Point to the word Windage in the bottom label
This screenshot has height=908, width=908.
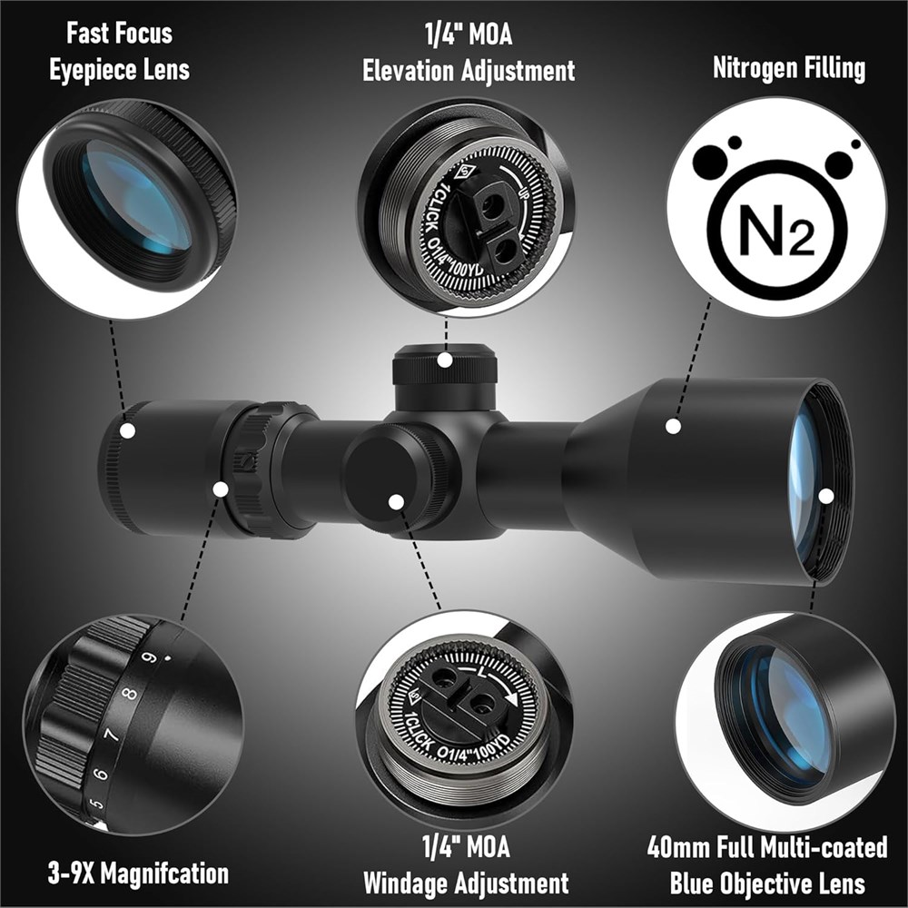point(404,883)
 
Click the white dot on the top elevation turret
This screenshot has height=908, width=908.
point(445,360)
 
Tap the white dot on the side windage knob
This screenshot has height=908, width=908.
point(396,502)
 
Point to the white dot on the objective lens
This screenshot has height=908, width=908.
point(826,497)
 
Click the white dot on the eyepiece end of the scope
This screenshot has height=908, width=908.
point(127,430)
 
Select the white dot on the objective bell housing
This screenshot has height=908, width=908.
point(673,426)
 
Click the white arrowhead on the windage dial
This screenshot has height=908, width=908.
point(510,699)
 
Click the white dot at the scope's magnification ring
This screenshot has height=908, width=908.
point(220,489)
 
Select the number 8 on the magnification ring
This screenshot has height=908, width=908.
point(131,695)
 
